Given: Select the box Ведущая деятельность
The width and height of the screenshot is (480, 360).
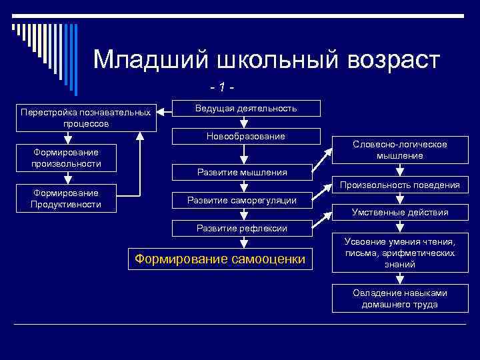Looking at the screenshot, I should [246, 109].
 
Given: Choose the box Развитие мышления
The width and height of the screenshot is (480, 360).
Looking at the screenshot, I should [243, 172].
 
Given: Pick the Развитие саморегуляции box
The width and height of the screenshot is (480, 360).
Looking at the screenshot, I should [243, 199].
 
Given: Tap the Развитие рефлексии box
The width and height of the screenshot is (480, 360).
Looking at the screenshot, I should [243, 228].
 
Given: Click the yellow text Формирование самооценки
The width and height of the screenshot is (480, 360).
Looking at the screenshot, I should [220, 259].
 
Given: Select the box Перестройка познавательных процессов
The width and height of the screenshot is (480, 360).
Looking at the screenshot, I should [86, 118].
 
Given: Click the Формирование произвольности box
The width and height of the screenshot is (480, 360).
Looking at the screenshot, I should [66, 158].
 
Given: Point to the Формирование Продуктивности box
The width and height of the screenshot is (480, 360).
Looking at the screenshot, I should [66, 199].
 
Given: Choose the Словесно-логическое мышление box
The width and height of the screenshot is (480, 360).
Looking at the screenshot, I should [399, 150].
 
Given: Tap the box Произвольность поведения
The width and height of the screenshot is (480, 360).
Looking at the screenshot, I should [399, 185].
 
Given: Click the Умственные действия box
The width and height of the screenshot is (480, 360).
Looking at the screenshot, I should [399, 213].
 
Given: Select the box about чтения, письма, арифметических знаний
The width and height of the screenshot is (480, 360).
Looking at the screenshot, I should [399, 253].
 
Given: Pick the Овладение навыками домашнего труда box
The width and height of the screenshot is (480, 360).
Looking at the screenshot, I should [399, 299].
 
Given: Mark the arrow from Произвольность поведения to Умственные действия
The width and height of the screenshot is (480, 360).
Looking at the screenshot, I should [399, 199].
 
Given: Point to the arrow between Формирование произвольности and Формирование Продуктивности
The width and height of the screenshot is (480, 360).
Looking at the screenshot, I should [67, 178].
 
